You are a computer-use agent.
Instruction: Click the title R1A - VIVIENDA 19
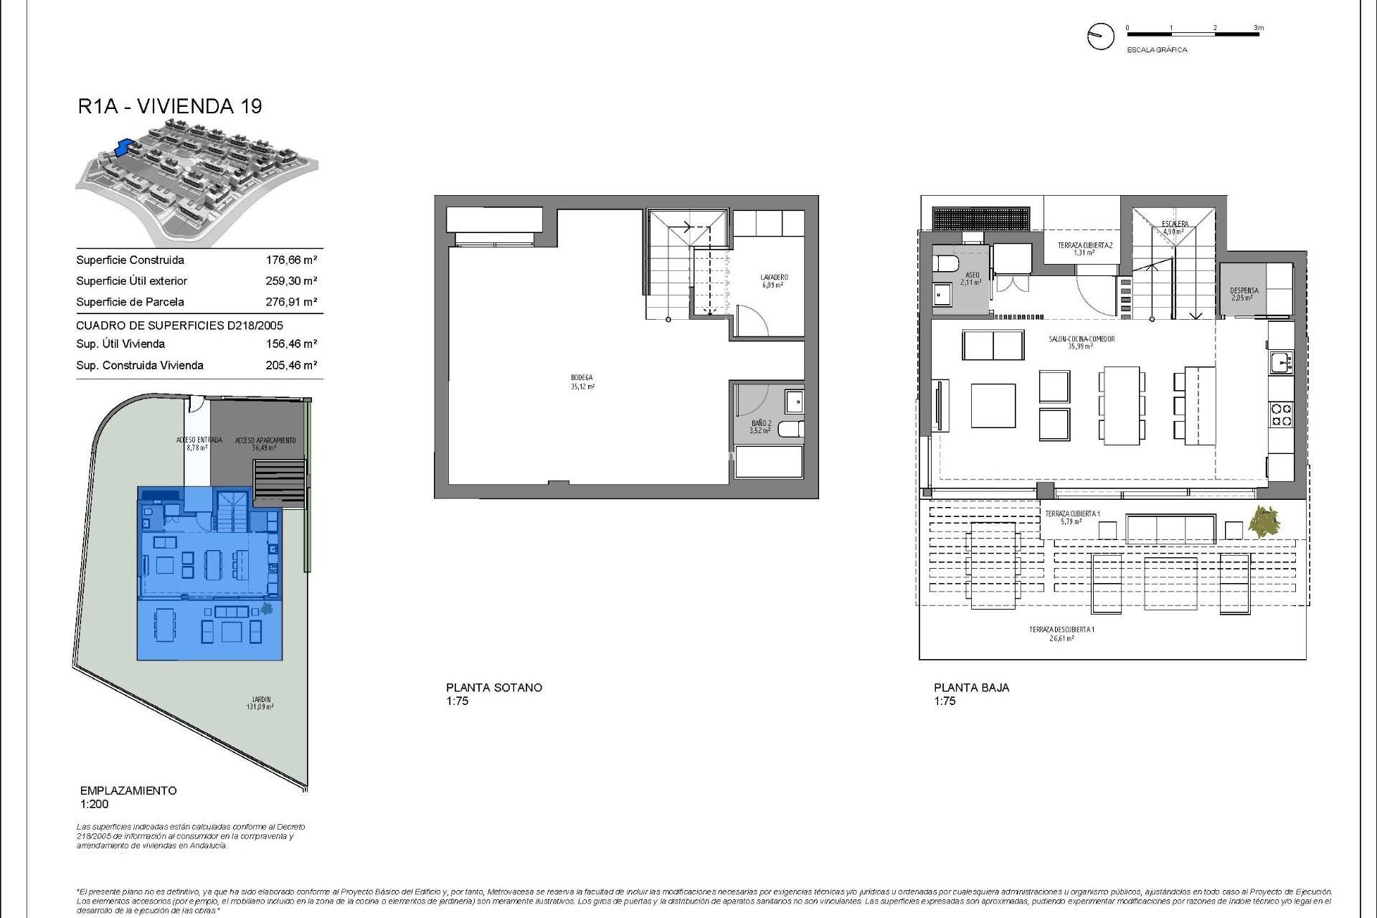pyautogui.click(x=170, y=106)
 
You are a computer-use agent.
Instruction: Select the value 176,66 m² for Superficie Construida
pyautogui.click(x=291, y=260)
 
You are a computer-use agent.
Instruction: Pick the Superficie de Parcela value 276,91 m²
pyautogui.click(x=291, y=302)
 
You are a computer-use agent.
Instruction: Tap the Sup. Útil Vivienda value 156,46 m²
pyautogui.click(x=291, y=344)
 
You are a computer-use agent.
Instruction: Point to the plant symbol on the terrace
pyautogui.click(x=1263, y=521)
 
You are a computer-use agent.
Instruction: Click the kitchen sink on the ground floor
pyautogui.click(x=1280, y=362)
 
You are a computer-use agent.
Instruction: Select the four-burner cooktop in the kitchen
pyautogui.click(x=1281, y=415)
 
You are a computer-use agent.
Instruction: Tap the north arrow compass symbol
pyautogui.click(x=1100, y=36)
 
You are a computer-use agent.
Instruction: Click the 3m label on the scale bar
pyautogui.click(x=1259, y=28)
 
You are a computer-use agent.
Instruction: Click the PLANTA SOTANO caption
pyautogui.click(x=494, y=687)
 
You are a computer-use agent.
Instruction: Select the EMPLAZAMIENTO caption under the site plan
pyautogui.click(x=128, y=790)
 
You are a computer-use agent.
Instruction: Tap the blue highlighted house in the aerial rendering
pyautogui.click(x=127, y=148)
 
